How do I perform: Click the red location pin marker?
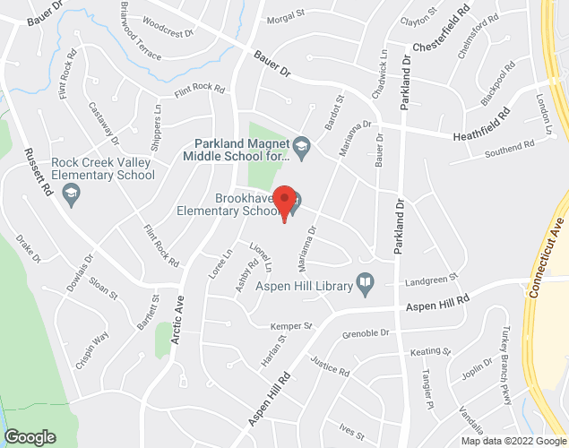point(284,203)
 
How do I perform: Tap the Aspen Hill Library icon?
point(365,285)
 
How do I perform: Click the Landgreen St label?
point(431,280)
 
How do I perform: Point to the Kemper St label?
point(293,324)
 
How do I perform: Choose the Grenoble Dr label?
point(366,334)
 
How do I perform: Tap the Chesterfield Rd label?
point(441,31)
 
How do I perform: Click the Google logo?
point(30,437)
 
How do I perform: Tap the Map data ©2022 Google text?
point(513,441)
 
